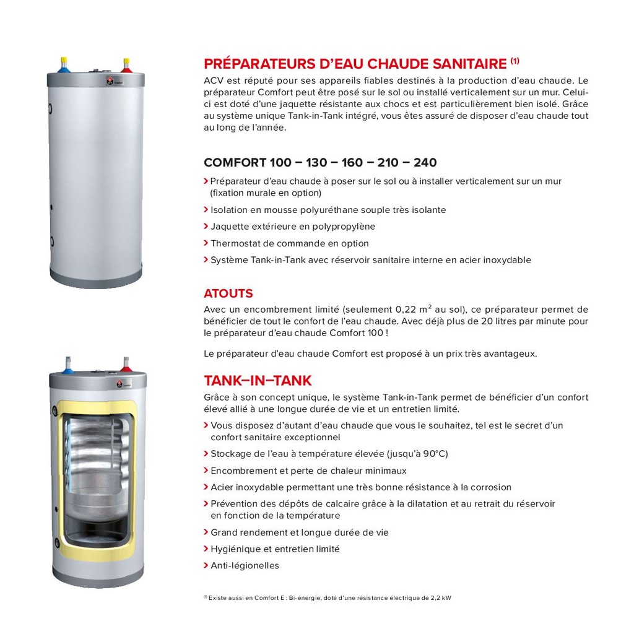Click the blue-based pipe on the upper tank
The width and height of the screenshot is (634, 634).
click(x=64, y=64)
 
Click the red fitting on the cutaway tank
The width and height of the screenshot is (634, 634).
click(x=126, y=365)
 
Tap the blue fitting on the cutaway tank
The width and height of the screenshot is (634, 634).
click(x=68, y=364)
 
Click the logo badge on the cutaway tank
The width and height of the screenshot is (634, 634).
click(x=119, y=384)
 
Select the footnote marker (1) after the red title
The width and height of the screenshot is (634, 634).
click(x=515, y=61)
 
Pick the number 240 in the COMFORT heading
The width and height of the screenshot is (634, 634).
click(x=425, y=163)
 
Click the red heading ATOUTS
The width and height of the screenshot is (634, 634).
click(x=228, y=293)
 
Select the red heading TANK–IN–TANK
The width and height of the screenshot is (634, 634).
click(x=258, y=380)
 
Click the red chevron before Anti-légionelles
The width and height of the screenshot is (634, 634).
click(x=206, y=565)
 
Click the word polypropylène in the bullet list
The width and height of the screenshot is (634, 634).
click(x=344, y=227)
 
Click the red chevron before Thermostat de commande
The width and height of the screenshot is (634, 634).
click(x=206, y=243)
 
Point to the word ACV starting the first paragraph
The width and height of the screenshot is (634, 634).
click(x=213, y=80)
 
